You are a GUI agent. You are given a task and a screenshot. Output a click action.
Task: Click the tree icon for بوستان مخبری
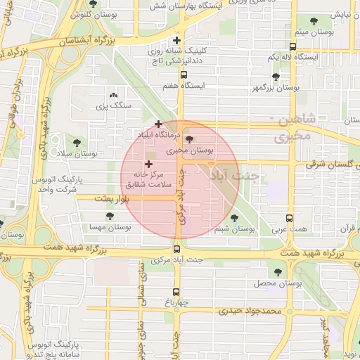click(x=188, y=139)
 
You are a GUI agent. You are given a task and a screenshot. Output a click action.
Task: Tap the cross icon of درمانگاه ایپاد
click(x=159, y=124)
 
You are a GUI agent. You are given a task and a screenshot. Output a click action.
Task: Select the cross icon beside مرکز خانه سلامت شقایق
click(x=148, y=164)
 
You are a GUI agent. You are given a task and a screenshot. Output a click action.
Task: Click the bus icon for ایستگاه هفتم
click(x=184, y=75)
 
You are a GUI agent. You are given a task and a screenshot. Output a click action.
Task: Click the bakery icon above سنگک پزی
click(x=113, y=95)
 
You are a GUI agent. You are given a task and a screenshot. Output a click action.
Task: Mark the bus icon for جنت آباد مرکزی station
click(x=176, y=247)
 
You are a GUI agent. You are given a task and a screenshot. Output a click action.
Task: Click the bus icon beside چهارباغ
click(x=176, y=292)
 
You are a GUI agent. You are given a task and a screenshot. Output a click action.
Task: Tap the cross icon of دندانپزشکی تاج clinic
click(x=176, y=40)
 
